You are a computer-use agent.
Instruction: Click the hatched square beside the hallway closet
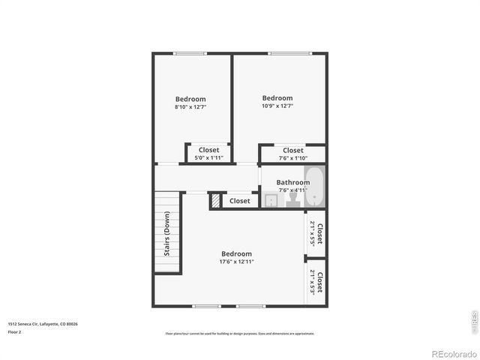pos(216,201)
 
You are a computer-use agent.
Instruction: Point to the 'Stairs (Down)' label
pos(167,233)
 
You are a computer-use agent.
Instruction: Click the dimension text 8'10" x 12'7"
pos(190,107)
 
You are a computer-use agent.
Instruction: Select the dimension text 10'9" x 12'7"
pos(277,106)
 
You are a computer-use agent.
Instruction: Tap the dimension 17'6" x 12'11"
pos(236,262)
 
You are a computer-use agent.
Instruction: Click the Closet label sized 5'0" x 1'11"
pos(209,150)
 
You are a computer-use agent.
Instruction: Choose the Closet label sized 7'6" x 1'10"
pos(293,150)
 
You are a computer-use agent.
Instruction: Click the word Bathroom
pos(292,182)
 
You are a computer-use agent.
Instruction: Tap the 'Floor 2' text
pos(15,331)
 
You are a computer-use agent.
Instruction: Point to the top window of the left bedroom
pos(190,53)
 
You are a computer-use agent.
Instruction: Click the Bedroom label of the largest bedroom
pos(236,253)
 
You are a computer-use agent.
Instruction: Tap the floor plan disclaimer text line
pos(240,334)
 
